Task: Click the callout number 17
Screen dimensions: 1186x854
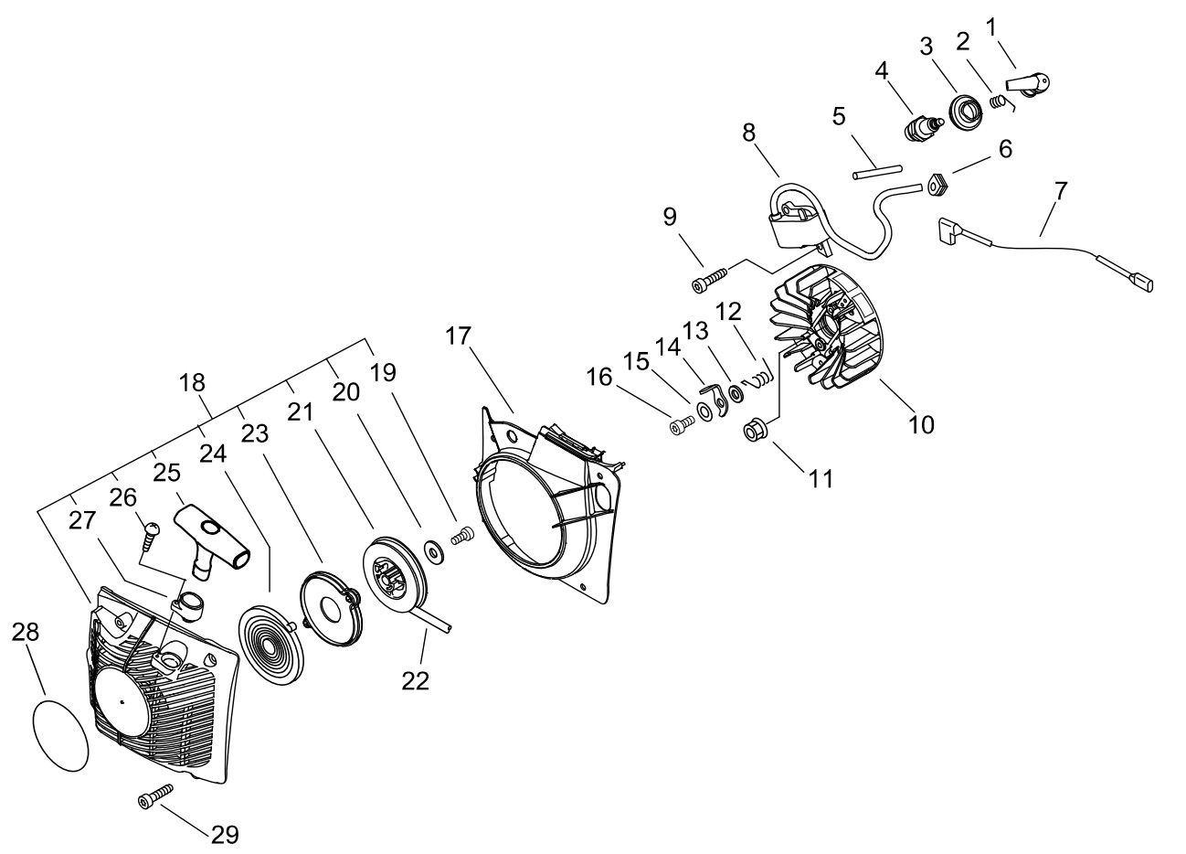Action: [458, 336]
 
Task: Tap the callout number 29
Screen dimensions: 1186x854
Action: [225, 835]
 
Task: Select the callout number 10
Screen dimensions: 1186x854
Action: [921, 424]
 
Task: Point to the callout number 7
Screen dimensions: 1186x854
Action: [1060, 191]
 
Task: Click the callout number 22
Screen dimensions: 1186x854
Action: [415, 681]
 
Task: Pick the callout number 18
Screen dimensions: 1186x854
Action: [192, 382]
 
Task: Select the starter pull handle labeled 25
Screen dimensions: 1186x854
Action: [212, 541]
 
